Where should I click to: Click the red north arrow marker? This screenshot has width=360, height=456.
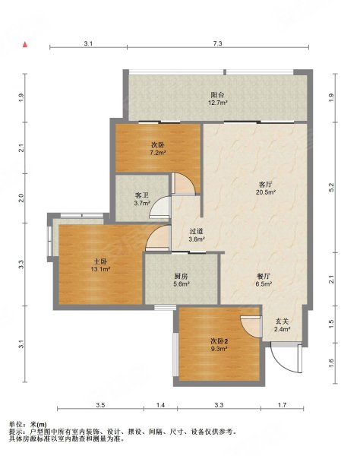click(25, 45)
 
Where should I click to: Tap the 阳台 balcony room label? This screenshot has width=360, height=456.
click(217, 94)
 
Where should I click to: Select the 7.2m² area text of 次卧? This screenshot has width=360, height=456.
click(158, 153)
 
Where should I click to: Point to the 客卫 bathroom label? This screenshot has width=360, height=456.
click(142, 196)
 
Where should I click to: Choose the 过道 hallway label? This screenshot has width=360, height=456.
click(197, 232)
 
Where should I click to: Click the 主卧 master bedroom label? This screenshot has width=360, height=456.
click(100, 261)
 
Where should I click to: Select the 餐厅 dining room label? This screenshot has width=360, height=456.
click(264, 277)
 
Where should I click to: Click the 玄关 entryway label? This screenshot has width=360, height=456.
click(282, 321)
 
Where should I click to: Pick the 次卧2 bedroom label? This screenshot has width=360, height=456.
click(219, 340)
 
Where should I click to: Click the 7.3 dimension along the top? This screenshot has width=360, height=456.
click(218, 43)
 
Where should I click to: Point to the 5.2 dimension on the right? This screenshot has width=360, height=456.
click(332, 187)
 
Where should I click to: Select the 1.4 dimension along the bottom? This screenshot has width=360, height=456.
click(160, 405)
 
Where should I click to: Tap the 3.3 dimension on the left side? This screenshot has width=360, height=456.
click(21, 264)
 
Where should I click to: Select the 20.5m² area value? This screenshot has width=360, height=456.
click(266, 192)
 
